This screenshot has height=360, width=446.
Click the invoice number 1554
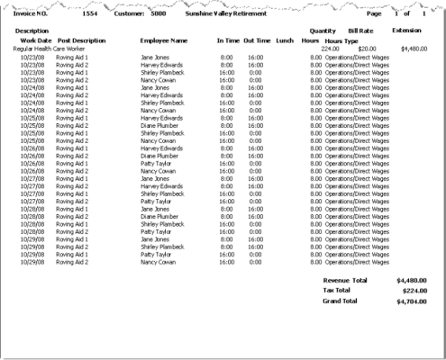(90, 14)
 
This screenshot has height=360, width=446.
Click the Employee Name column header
(164, 40)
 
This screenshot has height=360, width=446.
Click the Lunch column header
(285, 40)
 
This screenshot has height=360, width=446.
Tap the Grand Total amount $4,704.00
(411, 301)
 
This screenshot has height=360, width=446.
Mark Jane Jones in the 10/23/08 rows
(155, 56)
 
